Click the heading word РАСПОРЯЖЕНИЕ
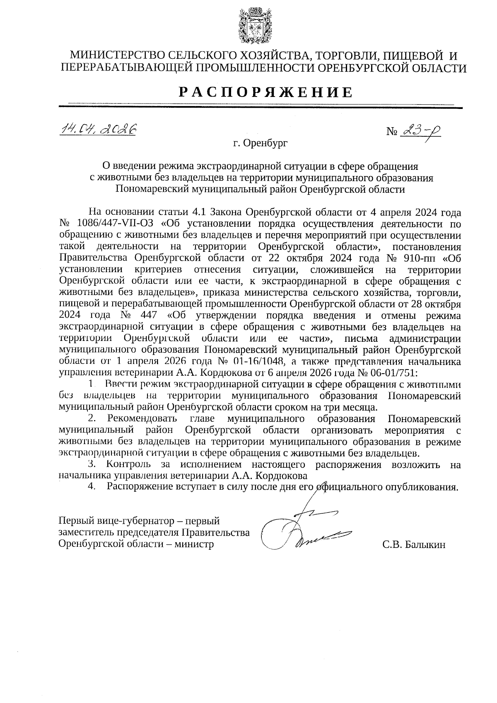pyautogui.click(x=265, y=92)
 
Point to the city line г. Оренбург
pyautogui.click(x=260, y=144)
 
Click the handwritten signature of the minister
pyautogui.click(x=306, y=530)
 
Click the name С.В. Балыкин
pyautogui.click(x=414, y=545)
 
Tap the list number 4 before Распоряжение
pyautogui.click(x=91, y=487)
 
